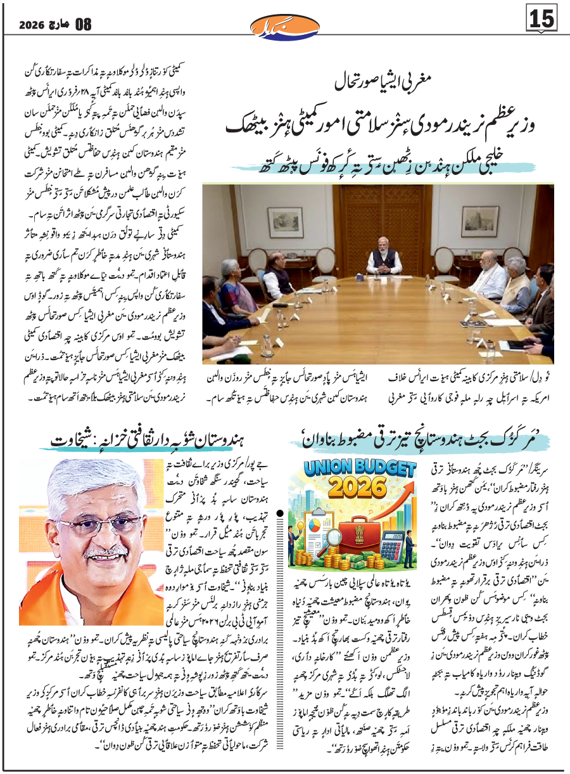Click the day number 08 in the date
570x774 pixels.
point(82,25)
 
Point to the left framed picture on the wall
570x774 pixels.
point(284,221)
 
